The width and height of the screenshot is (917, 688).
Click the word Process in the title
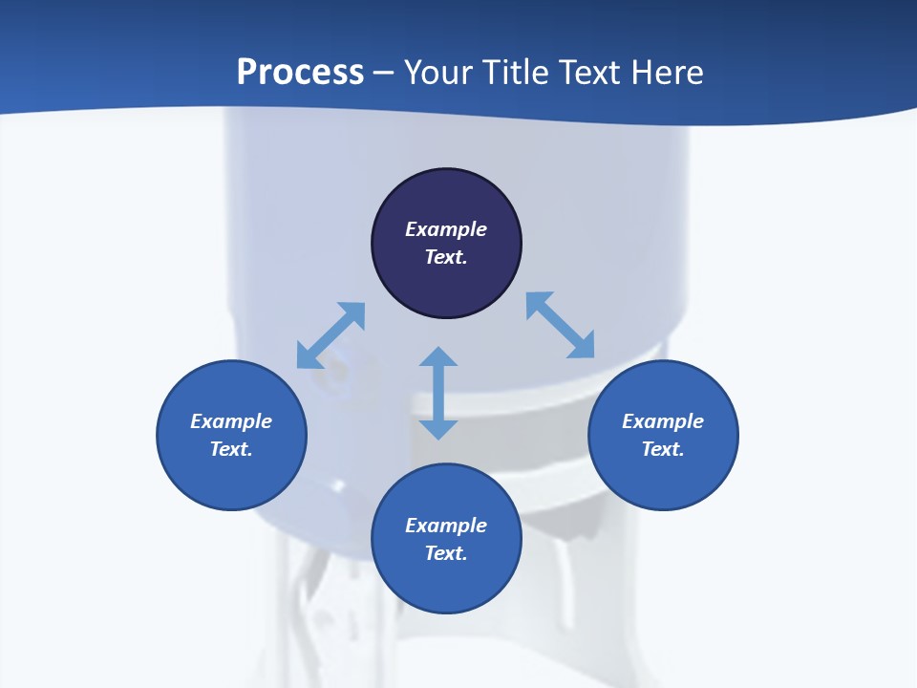300,73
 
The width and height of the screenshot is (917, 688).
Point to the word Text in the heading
590,73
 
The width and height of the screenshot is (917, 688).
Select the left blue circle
231,478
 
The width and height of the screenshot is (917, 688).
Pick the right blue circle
663,478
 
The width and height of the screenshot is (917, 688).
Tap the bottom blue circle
446,583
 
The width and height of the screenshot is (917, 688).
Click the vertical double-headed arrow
438,393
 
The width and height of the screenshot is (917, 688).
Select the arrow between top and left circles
331,335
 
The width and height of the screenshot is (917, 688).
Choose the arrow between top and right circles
561,325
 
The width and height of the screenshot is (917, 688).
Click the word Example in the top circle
446,229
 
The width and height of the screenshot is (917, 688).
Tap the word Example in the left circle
231,421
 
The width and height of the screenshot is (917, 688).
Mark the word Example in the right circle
663,421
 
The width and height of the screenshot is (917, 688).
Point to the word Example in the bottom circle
446,526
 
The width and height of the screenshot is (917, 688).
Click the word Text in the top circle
446,257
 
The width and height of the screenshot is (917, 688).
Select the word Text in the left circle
231,449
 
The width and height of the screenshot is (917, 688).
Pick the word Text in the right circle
663,449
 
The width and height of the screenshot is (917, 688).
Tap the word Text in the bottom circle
446,553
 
